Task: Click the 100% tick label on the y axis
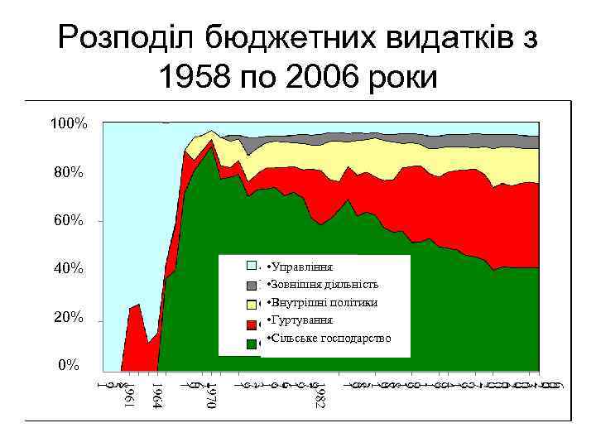click(70, 124)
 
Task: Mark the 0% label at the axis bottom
click(70, 365)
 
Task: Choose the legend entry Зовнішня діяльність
click(323, 286)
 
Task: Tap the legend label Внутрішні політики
click(322, 303)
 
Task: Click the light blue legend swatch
click(252, 267)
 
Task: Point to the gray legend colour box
click(252, 286)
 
